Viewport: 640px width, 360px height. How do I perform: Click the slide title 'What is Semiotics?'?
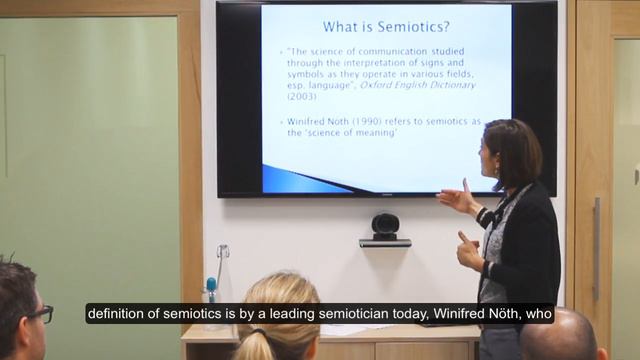pyautogui.click(x=385, y=26)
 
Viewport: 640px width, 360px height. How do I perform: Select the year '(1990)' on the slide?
pyautogui.click(x=369, y=121)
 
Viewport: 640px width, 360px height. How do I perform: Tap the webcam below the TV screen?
pyautogui.click(x=385, y=227)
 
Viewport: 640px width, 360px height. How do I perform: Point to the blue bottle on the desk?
pyautogui.click(x=211, y=289)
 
